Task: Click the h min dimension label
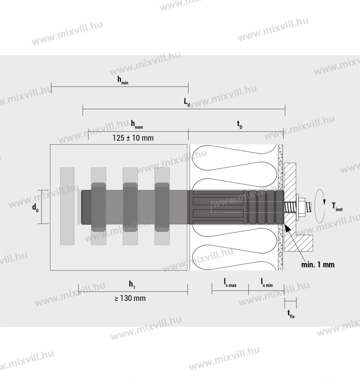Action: (x=123, y=80)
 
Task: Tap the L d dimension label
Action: (x=187, y=102)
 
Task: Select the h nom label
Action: (x=137, y=125)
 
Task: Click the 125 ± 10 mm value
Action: (x=133, y=138)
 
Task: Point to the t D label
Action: (x=240, y=125)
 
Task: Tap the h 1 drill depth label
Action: (x=132, y=284)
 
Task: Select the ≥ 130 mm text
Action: (x=130, y=298)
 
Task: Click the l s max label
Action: (x=230, y=283)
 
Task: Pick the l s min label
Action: (x=267, y=283)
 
